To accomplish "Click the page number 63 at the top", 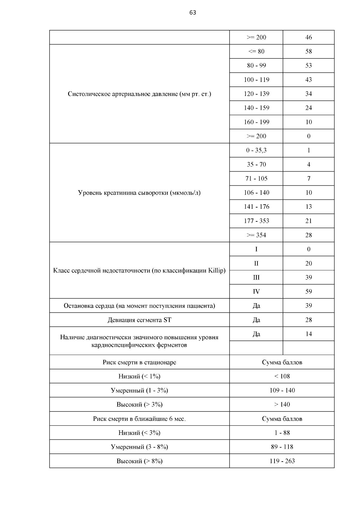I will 193,13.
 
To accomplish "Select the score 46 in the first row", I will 308,37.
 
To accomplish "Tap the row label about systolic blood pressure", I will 139,94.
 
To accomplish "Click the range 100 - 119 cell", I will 256,80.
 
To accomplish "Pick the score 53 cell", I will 308,65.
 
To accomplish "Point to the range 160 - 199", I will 256,122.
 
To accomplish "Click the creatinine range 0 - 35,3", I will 256,150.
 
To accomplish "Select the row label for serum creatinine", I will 139,193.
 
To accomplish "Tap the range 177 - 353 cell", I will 256,221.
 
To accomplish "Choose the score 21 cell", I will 308,221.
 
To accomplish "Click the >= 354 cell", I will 256,235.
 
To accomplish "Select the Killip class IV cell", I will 256,292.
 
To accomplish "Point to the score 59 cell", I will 308,292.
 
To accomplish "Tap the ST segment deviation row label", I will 139,320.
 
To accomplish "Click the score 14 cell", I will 308,334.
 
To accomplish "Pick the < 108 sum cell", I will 282,376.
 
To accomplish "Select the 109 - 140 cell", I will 282,391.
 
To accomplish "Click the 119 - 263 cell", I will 282,461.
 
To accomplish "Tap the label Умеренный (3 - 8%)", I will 139,447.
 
